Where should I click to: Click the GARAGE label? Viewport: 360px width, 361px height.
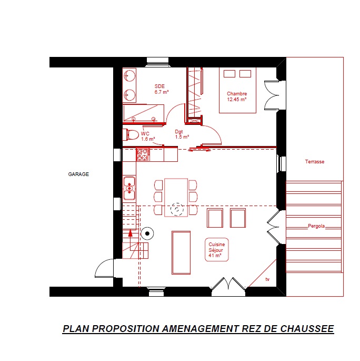coord(78,174)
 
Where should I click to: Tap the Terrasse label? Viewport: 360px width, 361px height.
coord(315,162)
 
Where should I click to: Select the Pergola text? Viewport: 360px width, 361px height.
coord(316,226)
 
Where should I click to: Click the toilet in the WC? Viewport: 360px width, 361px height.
coord(131,135)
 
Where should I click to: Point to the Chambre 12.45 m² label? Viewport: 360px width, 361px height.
coord(237,96)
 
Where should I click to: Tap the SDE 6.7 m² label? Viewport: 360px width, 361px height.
coord(162,89)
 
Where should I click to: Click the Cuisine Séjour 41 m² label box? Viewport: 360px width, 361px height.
coord(216,250)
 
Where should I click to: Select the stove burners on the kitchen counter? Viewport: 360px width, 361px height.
coord(143,154)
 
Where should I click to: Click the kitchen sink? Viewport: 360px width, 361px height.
coord(129,188)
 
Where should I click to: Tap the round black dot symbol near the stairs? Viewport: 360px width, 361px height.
coord(147,233)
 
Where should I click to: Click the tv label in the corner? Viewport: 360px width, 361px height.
coord(267,279)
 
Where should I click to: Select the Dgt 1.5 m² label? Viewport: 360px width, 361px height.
coord(182,134)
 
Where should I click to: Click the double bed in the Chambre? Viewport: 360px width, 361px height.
coord(237,90)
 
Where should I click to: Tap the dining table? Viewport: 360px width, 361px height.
coord(176,198)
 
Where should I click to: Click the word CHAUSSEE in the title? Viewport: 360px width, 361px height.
coord(307,329)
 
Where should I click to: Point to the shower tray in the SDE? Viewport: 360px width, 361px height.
coord(143,113)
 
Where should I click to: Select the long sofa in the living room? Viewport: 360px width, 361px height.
coord(181,253)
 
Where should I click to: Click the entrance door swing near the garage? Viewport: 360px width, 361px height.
coord(104,268)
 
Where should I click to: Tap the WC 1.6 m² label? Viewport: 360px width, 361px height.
coord(148,136)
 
